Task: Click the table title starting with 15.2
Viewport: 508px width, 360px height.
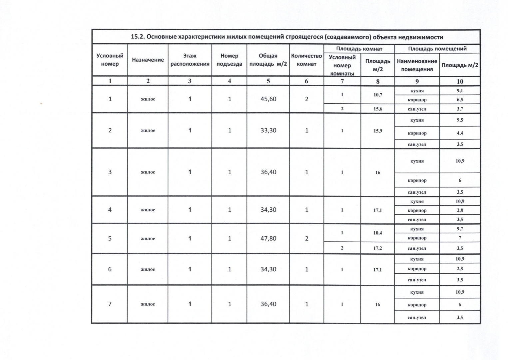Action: (286, 37)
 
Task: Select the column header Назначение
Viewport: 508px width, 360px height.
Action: (148, 60)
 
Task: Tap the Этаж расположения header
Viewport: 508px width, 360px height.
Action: (190, 60)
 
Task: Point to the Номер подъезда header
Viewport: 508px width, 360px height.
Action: (229, 60)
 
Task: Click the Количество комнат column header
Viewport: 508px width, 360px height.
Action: (306, 60)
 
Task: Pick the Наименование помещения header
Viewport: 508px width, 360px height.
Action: (417, 65)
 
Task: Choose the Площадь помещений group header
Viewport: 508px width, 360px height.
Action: (437, 49)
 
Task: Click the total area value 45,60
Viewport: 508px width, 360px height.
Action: (268, 99)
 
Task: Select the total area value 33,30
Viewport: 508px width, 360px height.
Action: (268, 130)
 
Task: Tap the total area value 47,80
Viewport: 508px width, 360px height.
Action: (268, 238)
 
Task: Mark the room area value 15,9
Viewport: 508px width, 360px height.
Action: (377, 131)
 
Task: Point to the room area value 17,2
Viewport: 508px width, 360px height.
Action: (377, 248)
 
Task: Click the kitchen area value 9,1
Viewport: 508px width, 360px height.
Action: (460, 91)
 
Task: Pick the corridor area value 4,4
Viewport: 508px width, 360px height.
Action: (460, 133)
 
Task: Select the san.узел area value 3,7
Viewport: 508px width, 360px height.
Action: (460, 109)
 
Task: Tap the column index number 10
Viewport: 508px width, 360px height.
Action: (460, 81)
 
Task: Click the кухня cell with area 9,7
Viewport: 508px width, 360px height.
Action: (417, 229)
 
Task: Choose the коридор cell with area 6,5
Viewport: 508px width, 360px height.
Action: (417, 100)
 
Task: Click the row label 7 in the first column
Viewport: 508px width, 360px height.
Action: (110, 304)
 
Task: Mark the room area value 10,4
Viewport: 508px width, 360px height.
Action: (377, 233)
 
